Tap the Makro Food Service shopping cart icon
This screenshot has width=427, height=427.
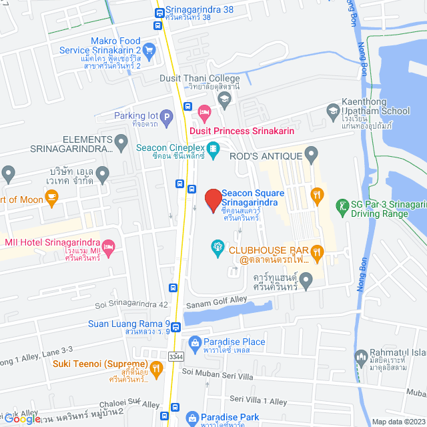coord(149,49)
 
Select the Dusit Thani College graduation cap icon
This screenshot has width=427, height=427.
coord(224,99)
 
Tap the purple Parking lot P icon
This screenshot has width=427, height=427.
coord(166,116)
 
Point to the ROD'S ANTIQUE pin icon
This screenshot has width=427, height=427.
coord(310,155)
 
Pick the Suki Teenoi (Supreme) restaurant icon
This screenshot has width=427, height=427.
coord(155,367)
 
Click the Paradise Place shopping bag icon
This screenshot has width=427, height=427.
coord(194,342)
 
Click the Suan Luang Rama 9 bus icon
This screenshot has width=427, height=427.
coord(175,327)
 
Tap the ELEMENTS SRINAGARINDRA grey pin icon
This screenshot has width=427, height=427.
coord(121,141)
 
